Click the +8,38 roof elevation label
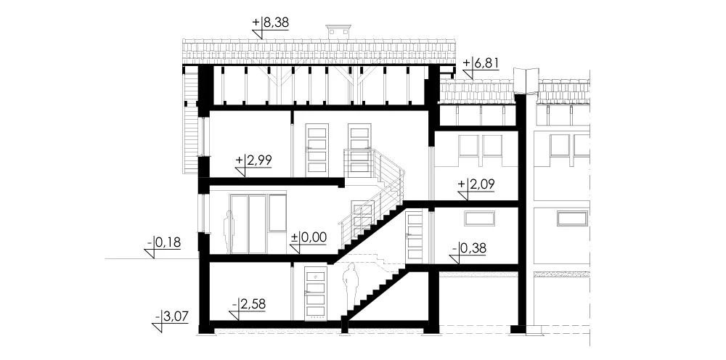[270, 23]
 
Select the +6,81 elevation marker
[481, 63]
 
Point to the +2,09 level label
[476, 184]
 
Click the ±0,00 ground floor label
[309, 238]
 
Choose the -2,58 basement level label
[250, 304]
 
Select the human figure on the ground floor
[229, 232]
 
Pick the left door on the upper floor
[317, 150]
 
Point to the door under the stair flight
[415, 237]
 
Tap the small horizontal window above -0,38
[479, 218]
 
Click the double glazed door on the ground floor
[248, 224]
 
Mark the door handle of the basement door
[307, 292]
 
